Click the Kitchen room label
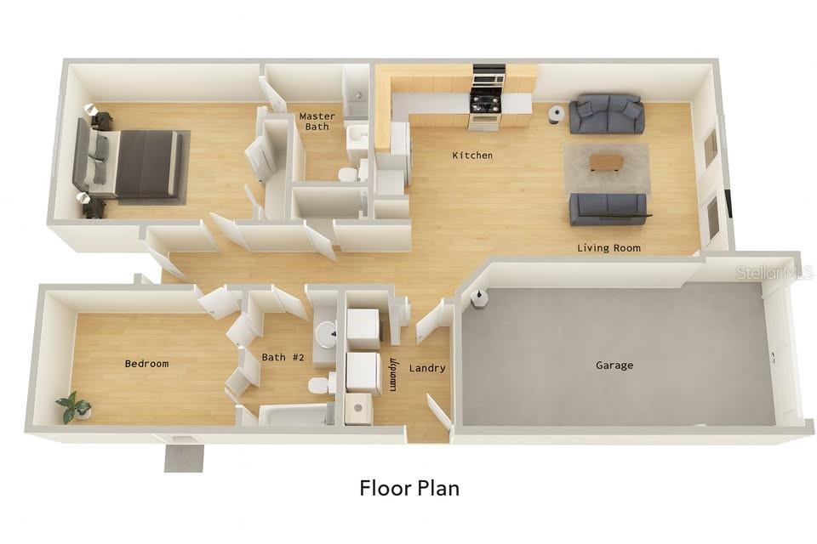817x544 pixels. click(471, 156)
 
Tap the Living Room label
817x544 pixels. click(608, 248)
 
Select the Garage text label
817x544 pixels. click(614, 365)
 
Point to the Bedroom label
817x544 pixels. click(146, 364)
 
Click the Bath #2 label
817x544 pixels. click(283, 357)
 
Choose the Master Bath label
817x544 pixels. click(317, 122)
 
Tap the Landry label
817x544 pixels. click(426, 368)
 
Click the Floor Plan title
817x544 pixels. click(409, 488)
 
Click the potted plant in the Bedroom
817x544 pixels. click(74, 407)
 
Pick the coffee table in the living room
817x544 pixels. click(606, 161)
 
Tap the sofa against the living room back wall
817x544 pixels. click(606, 115)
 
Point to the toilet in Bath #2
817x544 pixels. click(319, 385)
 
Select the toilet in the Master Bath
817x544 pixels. click(348, 175)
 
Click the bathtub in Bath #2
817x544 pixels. click(294, 415)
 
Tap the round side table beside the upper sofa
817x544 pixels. click(556, 114)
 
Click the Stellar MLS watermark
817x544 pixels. click(774, 273)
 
